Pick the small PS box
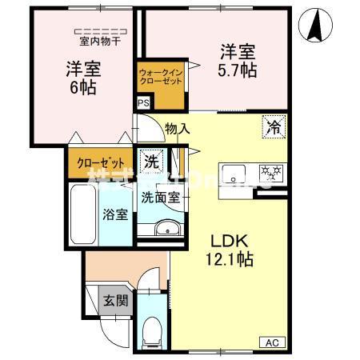pos(143,103)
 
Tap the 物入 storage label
pos(177,128)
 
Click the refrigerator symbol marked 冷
pos(273,126)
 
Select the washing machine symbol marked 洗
pos(151,160)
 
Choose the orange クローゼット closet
pos(100,162)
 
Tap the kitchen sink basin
pos(235,171)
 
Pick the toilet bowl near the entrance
pos(152,329)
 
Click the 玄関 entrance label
pos(113,301)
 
